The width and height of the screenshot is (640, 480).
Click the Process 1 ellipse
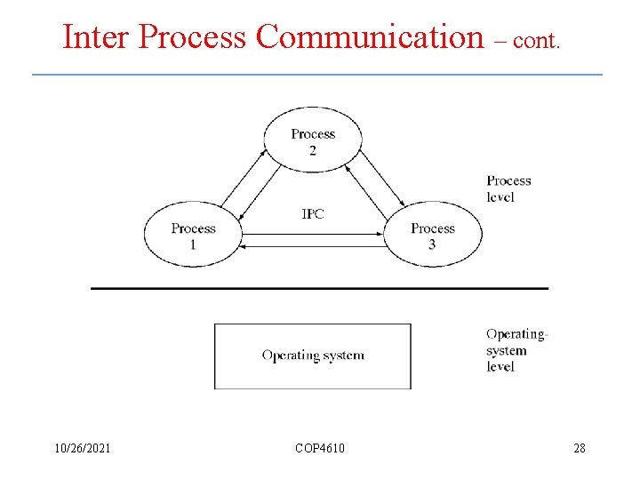tap(193, 235)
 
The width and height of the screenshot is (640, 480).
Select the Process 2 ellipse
tap(313, 140)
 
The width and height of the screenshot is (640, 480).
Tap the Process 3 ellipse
tap(433, 235)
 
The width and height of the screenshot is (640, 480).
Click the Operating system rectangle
tap(313, 356)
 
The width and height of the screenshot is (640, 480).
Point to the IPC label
tap(313, 214)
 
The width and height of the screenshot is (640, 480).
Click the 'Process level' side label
tap(508, 188)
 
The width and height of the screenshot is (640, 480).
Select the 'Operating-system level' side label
tap(516, 350)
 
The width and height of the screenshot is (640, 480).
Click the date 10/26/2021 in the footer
tap(82, 448)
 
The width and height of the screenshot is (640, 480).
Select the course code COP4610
tap(320, 448)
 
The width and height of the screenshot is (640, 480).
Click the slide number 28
tap(580, 448)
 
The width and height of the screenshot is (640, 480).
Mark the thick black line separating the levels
tap(320, 288)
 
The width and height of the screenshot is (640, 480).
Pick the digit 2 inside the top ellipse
tap(313, 150)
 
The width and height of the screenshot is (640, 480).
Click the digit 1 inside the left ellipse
tap(193, 244)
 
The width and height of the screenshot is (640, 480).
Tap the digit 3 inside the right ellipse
tap(432, 244)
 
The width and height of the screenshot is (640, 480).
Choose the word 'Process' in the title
tap(193, 37)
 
